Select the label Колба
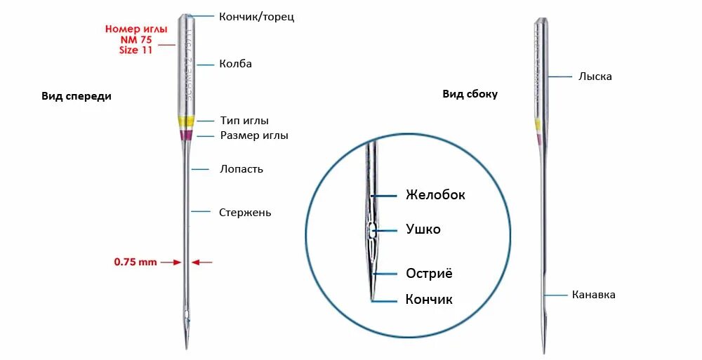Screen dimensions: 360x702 (236, 64)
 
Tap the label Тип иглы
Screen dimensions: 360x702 (244, 121)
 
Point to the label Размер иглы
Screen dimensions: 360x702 (254, 135)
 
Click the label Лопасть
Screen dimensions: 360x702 (241, 169)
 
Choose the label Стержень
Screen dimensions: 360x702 (245, 213)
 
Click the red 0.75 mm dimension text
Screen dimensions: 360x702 (135, 262)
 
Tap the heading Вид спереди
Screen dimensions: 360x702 (77, 97)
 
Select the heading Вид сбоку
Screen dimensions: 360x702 (470, 94)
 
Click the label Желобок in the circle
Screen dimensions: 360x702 (435, 195)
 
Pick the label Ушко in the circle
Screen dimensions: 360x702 (423, 229)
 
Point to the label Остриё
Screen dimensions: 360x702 (429, 273)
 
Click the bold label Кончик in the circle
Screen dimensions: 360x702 (429, 300)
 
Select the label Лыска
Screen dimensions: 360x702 (595, 76)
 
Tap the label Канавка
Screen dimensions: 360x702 (594, 295)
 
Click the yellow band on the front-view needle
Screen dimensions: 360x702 (186, 121)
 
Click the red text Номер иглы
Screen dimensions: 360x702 (136, 29)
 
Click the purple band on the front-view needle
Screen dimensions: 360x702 (186, 133)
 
